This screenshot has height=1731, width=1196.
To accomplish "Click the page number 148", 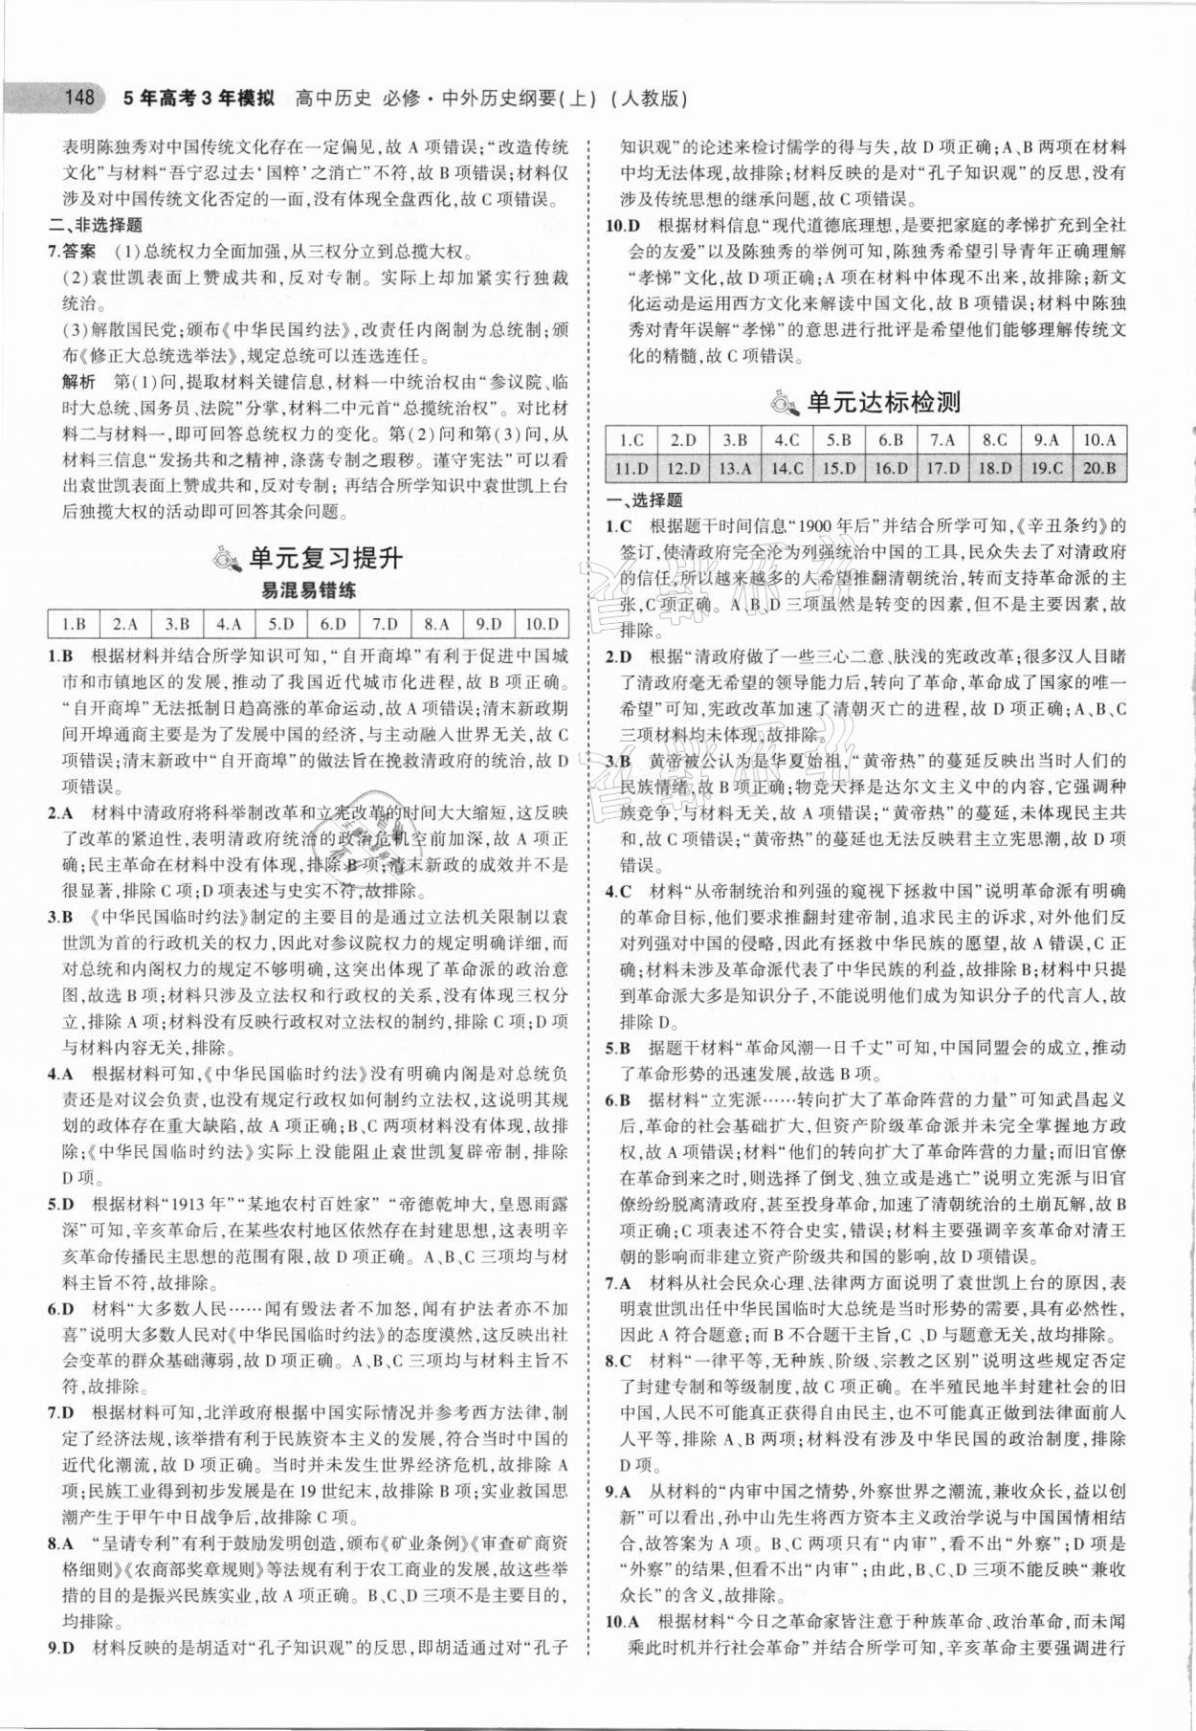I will [77, 98].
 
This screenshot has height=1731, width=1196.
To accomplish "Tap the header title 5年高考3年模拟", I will [200, 98].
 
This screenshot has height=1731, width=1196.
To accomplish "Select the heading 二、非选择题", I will [95, 226].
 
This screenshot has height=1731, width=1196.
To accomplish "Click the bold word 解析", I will [78, 382].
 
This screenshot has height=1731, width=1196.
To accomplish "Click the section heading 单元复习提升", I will [325, 558].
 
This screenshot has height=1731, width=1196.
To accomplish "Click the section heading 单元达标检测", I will [883, 403].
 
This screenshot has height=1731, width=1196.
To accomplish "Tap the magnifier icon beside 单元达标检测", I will [785, 404].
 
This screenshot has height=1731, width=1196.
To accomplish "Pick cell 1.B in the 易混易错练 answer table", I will [74, 625].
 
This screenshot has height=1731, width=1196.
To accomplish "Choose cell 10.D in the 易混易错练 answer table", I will [542, 625].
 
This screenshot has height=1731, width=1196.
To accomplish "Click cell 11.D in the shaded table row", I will [631, 468].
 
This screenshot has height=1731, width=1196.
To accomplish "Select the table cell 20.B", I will [1099, 468].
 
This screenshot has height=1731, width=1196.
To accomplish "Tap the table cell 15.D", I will [839, 468].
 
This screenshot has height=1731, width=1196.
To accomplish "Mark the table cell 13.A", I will [735, 468].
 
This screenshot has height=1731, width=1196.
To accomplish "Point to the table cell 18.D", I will [995, 468].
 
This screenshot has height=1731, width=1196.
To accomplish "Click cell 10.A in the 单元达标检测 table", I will [1099, 440].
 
